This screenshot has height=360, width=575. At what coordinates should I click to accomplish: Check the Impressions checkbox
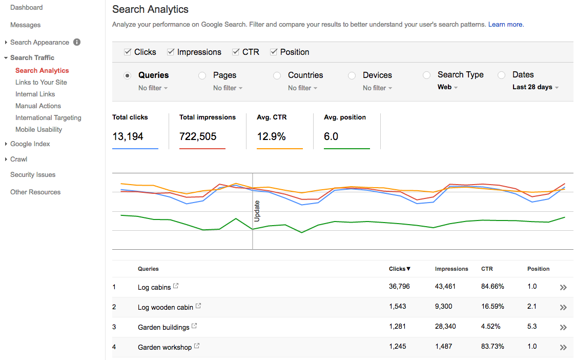point(171,52)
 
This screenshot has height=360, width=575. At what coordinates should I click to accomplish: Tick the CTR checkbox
point(236,52)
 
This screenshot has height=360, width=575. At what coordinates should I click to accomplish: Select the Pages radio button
point(202,75)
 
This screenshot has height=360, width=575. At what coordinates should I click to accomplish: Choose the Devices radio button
point(352,75)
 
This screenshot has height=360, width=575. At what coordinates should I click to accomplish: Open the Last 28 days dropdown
point(535,87)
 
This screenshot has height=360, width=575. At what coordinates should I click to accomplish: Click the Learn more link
point(506,24)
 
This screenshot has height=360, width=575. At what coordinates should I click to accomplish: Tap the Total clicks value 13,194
point(128,136)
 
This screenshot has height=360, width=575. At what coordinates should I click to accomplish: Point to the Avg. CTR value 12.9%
point(272,136)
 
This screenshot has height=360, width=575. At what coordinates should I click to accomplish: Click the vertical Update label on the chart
point(257,211)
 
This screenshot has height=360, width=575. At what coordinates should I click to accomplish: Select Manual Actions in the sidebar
point(38,106)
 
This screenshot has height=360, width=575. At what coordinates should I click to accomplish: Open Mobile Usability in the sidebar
point(38,129)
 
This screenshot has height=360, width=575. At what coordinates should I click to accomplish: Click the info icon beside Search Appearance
point(77,42)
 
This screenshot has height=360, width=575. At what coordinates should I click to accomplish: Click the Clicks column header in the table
point(400,269)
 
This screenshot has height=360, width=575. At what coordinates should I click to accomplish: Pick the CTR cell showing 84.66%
point(492,287)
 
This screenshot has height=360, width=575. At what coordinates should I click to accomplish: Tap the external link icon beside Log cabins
point(176,286)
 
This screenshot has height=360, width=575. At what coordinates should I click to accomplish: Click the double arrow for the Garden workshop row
point(563,347)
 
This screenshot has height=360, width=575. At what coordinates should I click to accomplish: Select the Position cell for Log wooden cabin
point(532,307)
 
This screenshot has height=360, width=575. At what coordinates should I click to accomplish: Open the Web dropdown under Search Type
point(447,87)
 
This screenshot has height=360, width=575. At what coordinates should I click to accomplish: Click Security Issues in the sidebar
point(33,174)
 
